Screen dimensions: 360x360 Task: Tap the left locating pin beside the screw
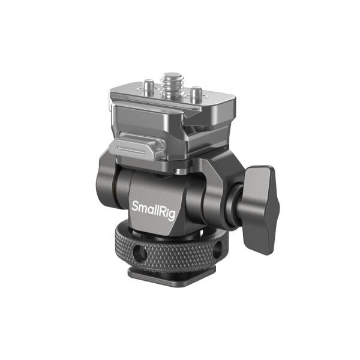point(148,89)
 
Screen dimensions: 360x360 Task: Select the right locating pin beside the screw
point(195,94)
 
